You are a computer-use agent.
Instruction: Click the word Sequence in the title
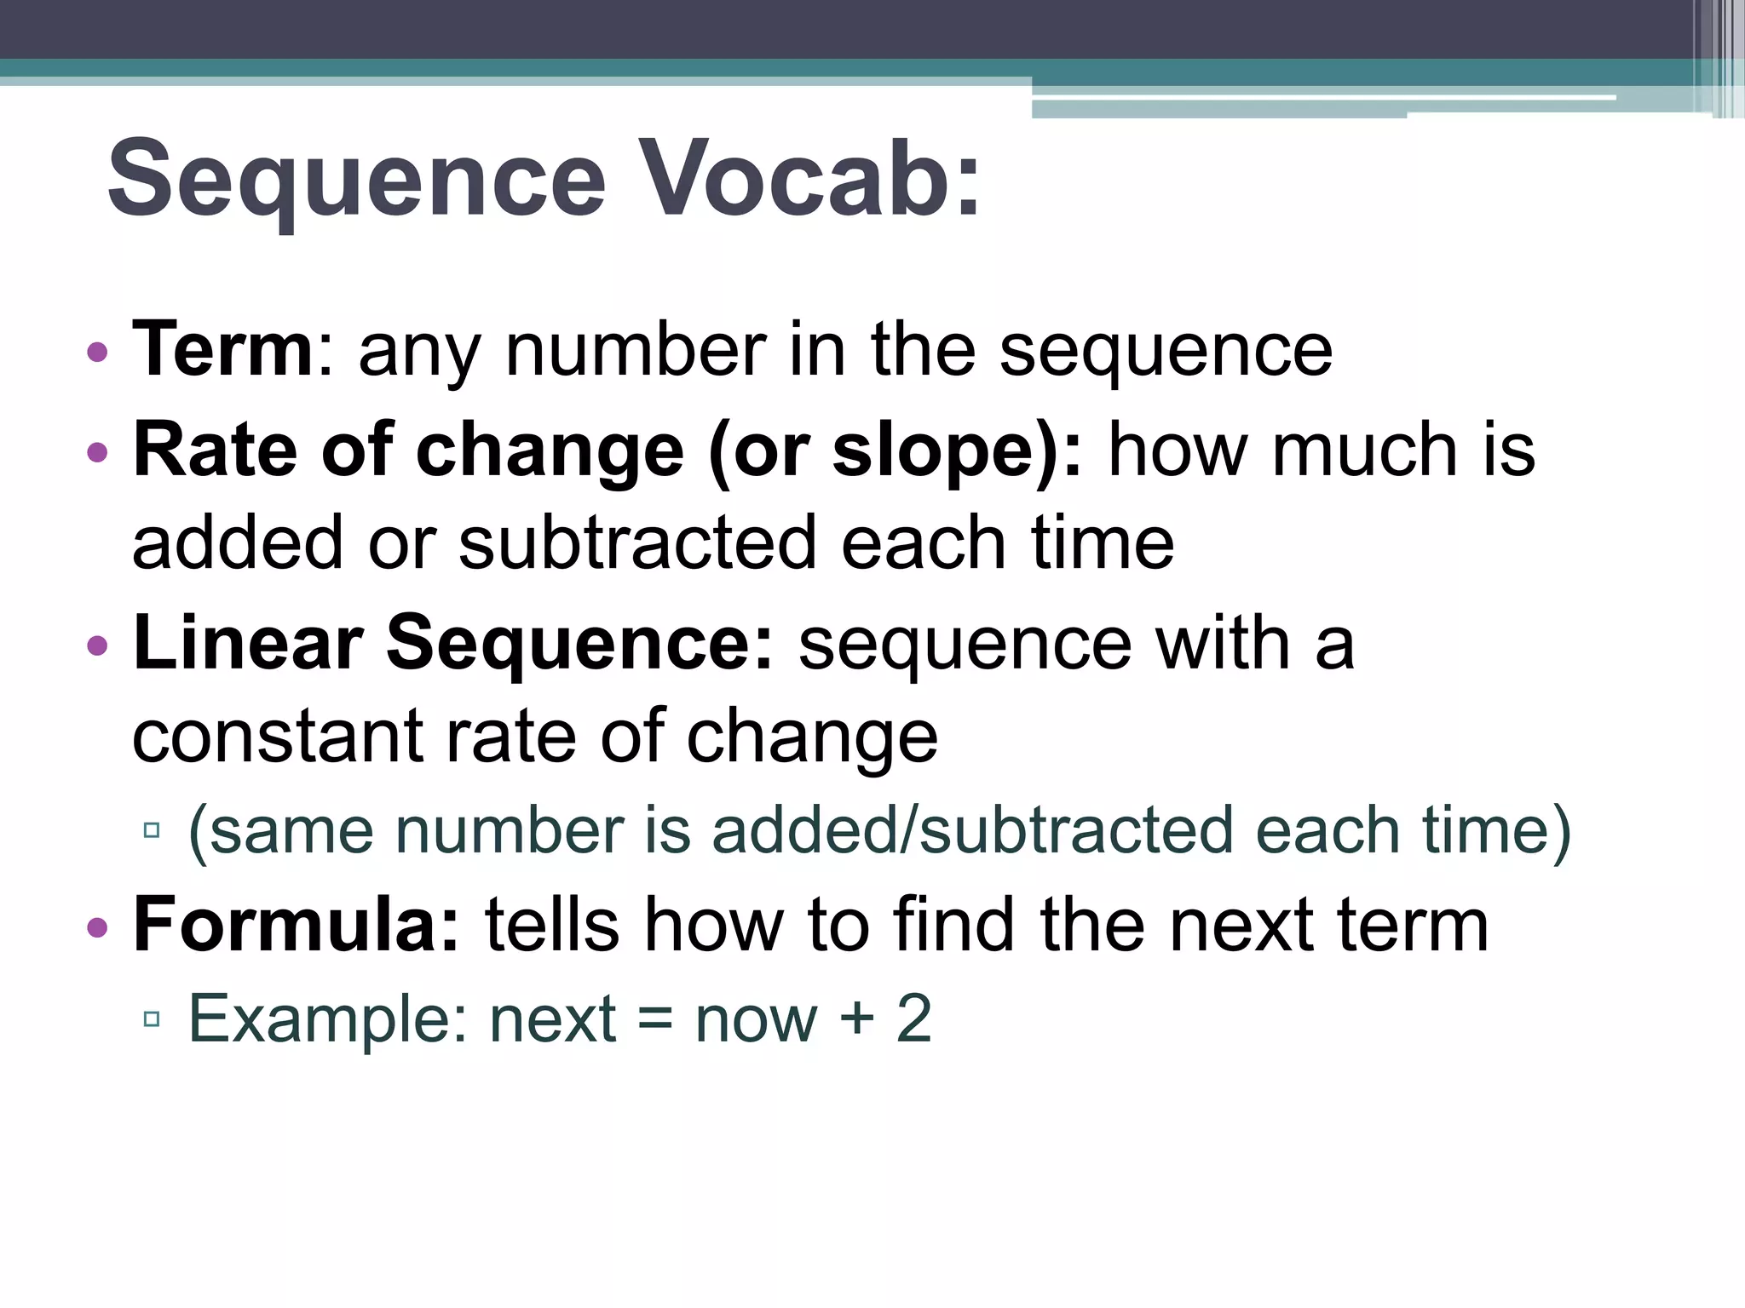(356, 181)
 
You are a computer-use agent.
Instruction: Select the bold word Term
(223, 349)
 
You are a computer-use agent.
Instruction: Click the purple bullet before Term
(98, 352)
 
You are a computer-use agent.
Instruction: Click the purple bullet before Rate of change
(98, 452)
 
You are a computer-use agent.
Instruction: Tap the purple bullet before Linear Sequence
(98, 645)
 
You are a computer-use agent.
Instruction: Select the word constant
(278, 737)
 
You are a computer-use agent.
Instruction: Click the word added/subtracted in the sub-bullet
(972, 830)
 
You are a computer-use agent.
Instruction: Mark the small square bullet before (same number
(153, 830)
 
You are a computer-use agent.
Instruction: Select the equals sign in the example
(654, 1019)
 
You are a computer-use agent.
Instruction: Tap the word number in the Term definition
(636, 351)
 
